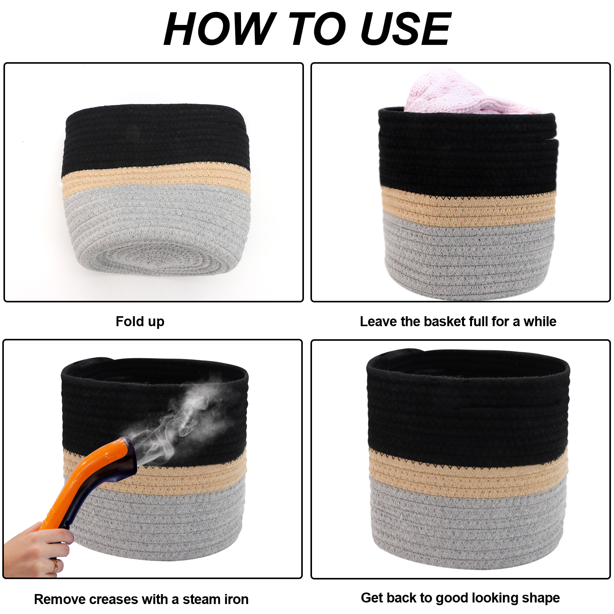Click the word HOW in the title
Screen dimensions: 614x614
pyautogui.click(x=219, y=29)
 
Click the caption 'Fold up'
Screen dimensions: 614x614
pyautogui.click(x=140, y=322)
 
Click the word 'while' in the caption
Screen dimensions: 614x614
pyautogui.click(x=540, y=322)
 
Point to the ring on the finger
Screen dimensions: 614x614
pyautogui.click(x=56, y=565)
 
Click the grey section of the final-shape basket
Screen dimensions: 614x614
pyautogui.click(x=468, y=522)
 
